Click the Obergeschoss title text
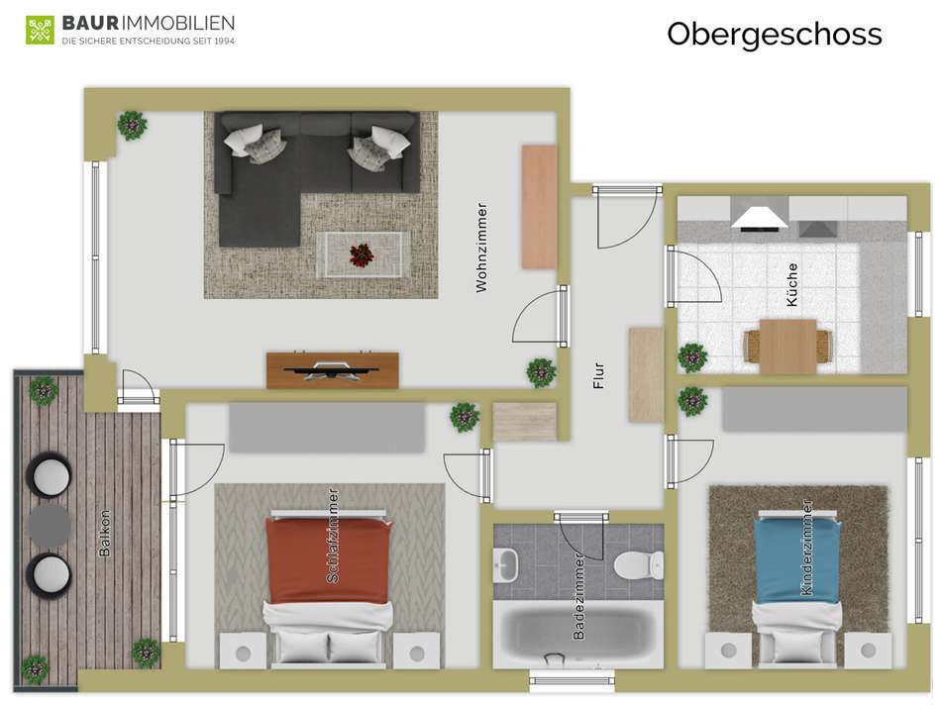[x=774, y=34]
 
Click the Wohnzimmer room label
[x=482, y=248]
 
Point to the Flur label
[x=598, y=376]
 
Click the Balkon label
[x=105, y=533]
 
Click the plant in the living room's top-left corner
[x=132, y=126]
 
